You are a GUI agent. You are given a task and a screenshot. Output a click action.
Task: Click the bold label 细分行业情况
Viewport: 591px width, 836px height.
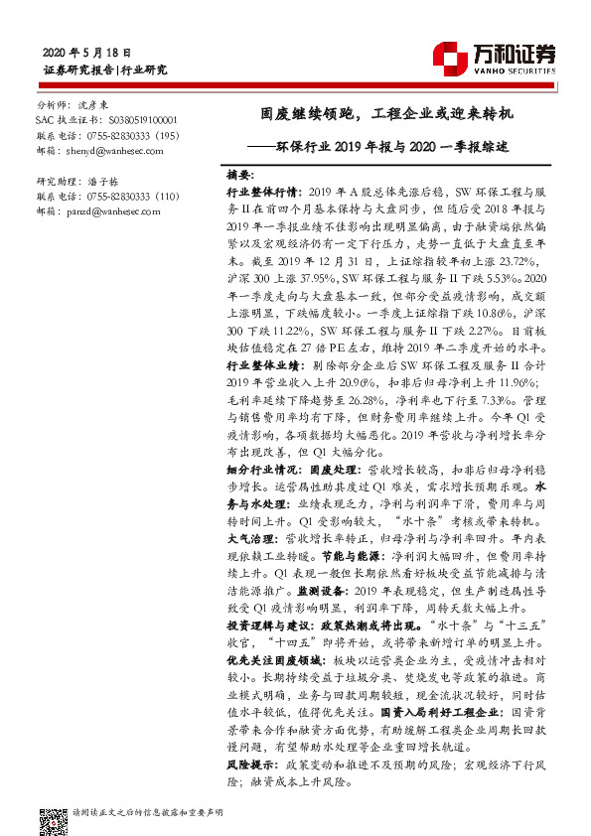(x=248, y=467)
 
